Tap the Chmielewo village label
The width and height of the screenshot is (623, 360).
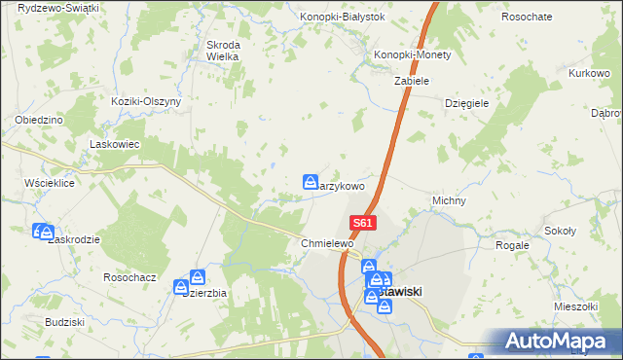point(325,243)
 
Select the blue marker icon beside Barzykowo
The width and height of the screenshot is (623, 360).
point(311,182)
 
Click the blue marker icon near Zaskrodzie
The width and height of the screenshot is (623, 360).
point(44,232)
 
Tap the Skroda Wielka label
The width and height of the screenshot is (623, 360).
point(222,51)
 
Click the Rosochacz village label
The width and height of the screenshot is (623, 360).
point(129,277)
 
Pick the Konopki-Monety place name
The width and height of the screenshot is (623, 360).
point(414,55)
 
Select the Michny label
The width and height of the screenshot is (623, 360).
point(449,201)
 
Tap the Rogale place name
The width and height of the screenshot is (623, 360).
point(512,245)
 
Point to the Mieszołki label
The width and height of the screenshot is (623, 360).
point(573,306)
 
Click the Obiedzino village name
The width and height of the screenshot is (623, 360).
point(39,120)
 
